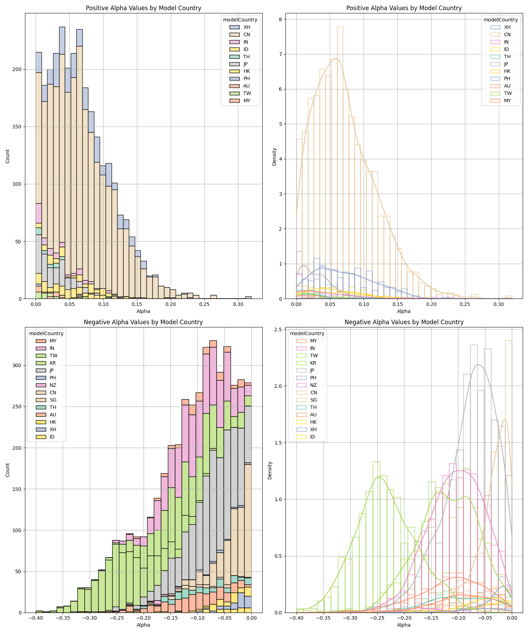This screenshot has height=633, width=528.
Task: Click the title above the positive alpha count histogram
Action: click(143, 8)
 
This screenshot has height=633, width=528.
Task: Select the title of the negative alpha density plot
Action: click(404, 322)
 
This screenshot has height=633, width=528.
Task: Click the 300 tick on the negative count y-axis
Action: click(17, 366)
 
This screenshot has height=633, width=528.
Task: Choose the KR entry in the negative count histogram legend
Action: click(53, 363)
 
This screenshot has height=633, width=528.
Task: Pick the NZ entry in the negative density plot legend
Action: click(312, 385)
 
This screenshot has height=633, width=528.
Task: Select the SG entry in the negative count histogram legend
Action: click(53, 400)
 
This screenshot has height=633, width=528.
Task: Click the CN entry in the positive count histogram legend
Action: click(247, 34)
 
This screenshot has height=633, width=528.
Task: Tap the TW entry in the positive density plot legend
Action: click(507, 93)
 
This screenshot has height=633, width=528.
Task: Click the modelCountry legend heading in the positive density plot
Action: click(500, 20)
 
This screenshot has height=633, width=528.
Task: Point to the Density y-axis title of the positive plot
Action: click(275, 156)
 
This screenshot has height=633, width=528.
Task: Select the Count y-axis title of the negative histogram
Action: click(8, 470)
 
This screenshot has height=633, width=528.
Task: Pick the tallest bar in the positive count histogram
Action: click(62, 162)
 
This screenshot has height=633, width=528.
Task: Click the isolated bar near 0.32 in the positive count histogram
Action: click(249, 298)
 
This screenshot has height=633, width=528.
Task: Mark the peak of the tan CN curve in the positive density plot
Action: click(336, 58)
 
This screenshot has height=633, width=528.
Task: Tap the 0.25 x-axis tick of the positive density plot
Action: click(465, 304)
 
